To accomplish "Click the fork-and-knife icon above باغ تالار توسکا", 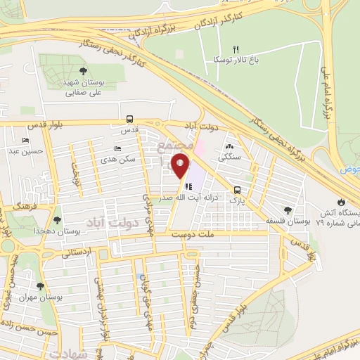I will [x=245, y=49].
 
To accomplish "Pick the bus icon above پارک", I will [x=238, y=190].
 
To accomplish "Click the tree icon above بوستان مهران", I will [x=40, y=286].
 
